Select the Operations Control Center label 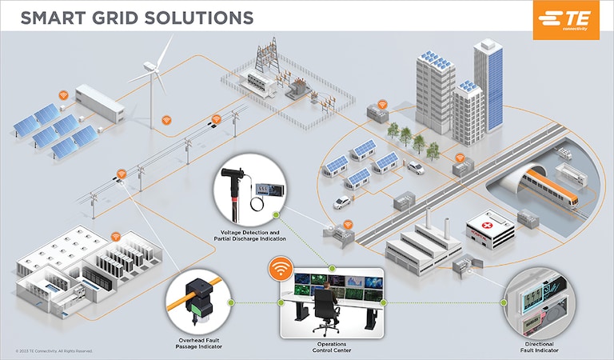pyautogui.click(x=330, y=346)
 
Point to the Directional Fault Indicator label pyautogui.click(x=536, y=346)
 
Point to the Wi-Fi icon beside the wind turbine pyautogui.click(x=166, y=120)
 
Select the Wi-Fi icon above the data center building pyautogui.click(x=115, y=237)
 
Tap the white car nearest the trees pyautogui.click(x=416, y=168)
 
